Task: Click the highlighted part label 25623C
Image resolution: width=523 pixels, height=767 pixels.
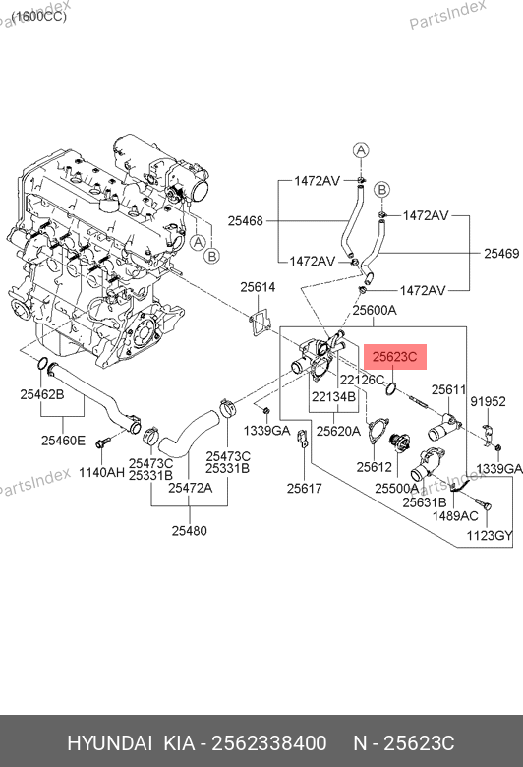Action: [x=395, y=357]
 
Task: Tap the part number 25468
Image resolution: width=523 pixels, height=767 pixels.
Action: [x=245, y=221]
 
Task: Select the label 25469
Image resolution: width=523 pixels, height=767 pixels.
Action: [x=501, y=253]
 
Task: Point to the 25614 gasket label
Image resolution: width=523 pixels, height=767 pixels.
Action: [x=258, y=287]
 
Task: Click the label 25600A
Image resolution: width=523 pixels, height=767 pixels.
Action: [x=375, y=310]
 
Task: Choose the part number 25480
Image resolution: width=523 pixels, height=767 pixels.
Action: [x=190, y=530]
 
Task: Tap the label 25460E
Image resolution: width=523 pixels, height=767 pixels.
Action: [x=63, y=441]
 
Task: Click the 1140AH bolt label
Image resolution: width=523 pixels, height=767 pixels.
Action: [x=102, y=472]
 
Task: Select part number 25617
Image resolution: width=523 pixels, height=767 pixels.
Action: [x=305, y=488]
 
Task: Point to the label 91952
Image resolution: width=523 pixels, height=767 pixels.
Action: [x=488, y=401]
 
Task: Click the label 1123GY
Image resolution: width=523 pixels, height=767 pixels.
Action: [x=490, y=535]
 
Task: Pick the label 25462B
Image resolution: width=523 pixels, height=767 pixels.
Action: [x=42, y=393]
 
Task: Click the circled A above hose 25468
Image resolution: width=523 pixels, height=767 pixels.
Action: [x=361, y=150]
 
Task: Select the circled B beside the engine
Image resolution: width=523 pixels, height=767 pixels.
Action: [x=211, y=256]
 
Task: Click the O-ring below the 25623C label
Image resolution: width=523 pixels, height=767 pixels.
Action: [x=391, y=389]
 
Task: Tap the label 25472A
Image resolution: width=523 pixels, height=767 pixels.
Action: [x=191, y=487]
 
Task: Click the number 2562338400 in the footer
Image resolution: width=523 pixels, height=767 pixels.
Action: [x=268, y=743]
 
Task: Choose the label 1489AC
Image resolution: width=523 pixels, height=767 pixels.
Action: [x=455, y=515]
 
